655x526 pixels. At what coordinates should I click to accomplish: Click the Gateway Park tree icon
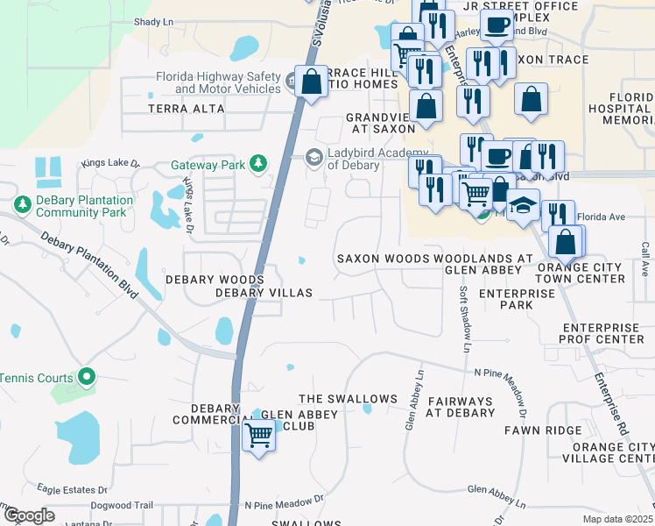(x=258, y=164)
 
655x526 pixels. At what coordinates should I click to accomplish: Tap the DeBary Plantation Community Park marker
(x=23, y=205)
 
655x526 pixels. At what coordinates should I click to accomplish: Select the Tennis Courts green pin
(x=86, y=378)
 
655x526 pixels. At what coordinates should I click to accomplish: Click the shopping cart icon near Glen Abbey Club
(x=258, y=433)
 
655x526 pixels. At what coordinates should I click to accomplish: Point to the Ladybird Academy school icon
(x=313, y=156)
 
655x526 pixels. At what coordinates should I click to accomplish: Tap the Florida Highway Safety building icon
(x=291, y=82)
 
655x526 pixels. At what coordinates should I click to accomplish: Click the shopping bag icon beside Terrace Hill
(x=311, y=82)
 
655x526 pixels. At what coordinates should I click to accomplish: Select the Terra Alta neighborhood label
(x=186, y=109)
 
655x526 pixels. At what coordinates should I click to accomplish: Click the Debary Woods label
(x=215, y=280)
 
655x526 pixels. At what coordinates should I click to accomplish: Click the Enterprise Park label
(x=518, y=299)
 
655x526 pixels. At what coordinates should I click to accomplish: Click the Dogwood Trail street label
(x=124, y=505)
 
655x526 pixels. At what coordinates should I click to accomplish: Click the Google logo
(x=29, y=515)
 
